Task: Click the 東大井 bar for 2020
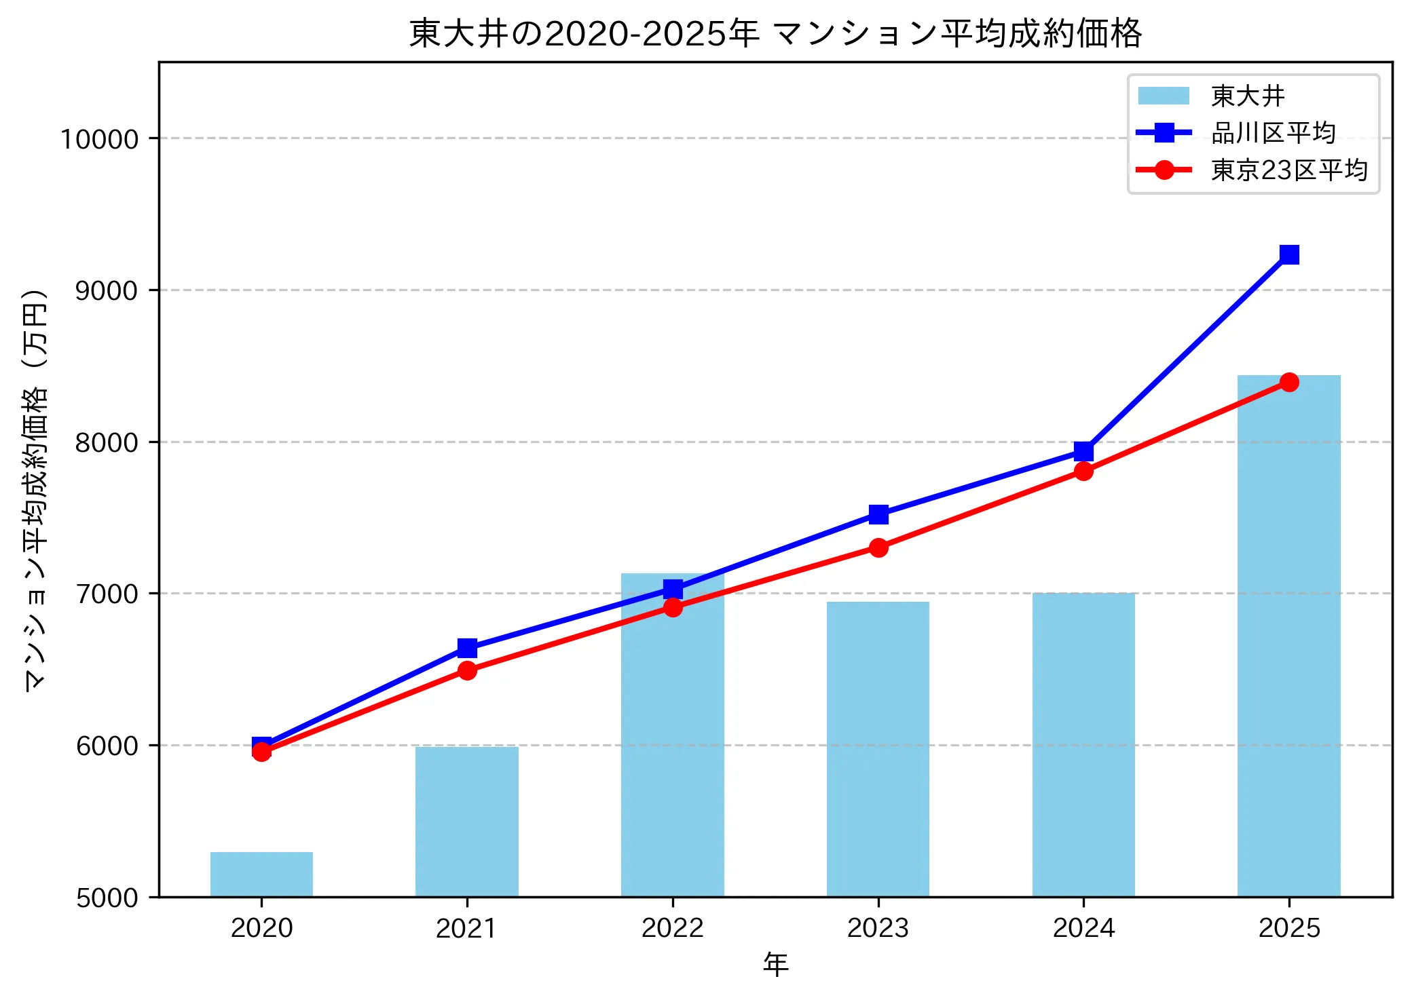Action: point(261,874)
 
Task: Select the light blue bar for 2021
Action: point(467,822)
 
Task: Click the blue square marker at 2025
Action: point(1289,254)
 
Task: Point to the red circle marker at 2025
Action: point(1289,383)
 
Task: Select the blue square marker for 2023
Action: point(878,515)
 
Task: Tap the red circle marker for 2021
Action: point(467,671)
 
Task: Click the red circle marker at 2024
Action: point(1083,472)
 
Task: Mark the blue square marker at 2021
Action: point(467,649)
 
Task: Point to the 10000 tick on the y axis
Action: point(99,139)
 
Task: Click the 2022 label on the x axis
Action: point(672,928)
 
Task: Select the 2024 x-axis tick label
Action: point(1083,928)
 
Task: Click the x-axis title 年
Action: point(775,964)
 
